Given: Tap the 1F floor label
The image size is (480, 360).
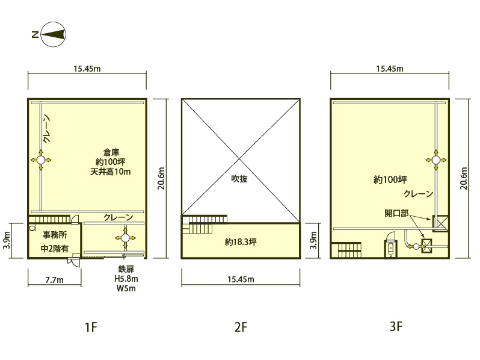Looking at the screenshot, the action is [x=91, y=327].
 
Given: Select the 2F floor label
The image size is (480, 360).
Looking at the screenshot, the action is [x=241, y=327].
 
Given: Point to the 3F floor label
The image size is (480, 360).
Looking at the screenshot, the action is [x=396, y=327].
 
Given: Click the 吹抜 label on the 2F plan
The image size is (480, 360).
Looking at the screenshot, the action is [x=239, y=179].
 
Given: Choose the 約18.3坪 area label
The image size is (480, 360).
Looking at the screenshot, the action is [x=241, y=242].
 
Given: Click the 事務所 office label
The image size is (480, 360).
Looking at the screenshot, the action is [x=55, y=235].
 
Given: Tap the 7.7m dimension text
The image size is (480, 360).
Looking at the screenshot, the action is [x=55, y=280].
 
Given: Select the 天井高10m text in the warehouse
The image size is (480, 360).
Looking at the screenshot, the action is [x=111, y=172].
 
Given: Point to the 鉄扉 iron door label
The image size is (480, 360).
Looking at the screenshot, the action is [x=126, y=269].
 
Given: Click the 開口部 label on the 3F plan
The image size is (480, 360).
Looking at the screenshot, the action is [x=396, y=213].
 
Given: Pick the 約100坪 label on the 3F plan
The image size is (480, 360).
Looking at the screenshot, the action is [x=390, y=179].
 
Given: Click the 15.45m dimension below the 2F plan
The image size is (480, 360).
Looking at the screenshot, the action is [x=241, y=279].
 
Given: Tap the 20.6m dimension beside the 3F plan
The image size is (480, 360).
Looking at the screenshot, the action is [x=464, y=178].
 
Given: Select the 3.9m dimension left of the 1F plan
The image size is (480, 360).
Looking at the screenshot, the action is [x=7, y=240].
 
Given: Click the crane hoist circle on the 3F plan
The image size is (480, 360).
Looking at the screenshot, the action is [x=436, y=160].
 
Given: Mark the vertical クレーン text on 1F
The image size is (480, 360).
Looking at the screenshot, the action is [x=46, y=129].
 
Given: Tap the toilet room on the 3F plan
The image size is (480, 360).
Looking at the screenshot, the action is [x=390, y=246].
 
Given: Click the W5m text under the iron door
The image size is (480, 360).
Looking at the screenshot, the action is [x=126, y=288].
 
